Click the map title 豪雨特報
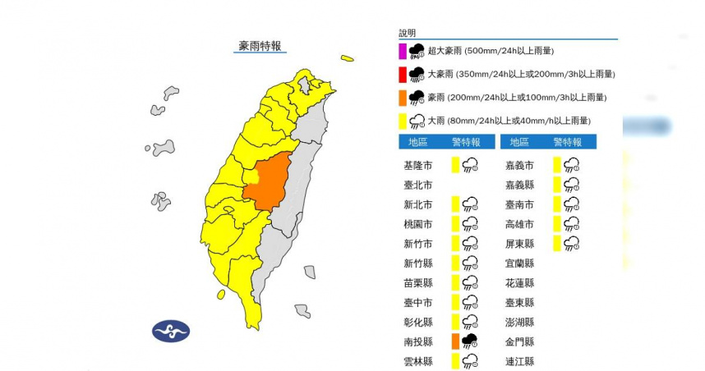(x=260, y=46)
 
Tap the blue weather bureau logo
(x=171, y=332)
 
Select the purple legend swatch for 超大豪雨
(x=403, y=51)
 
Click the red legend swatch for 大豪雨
(x=403, y=75)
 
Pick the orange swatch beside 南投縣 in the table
(x=455, y=341)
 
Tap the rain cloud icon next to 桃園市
(x=470, y=223)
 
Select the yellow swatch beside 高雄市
(x=558, y=223)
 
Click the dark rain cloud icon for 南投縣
(x=470, y=341)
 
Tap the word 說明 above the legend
(x=408, y=33)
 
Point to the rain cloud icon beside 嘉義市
(x=572, y=165)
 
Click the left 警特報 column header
(x=467, y=142)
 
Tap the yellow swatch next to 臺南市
(x=558, y=204)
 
